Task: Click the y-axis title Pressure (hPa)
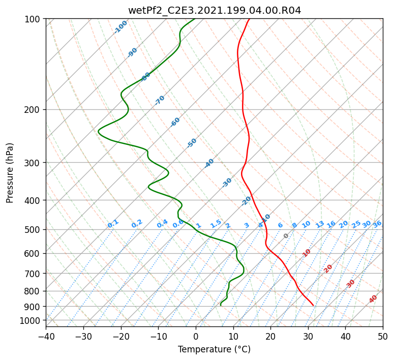[10, 172]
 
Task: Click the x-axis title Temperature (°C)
[214, 349]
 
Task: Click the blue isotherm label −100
[120, 26]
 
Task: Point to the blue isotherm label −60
[175, 122]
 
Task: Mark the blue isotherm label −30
[227, 183]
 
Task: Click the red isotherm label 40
[373, 299]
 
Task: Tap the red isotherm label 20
[328, 268]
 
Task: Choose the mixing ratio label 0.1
[113, 224]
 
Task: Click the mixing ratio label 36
[377, 224]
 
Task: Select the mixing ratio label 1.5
[216, 223]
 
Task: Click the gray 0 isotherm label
[286, 236]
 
